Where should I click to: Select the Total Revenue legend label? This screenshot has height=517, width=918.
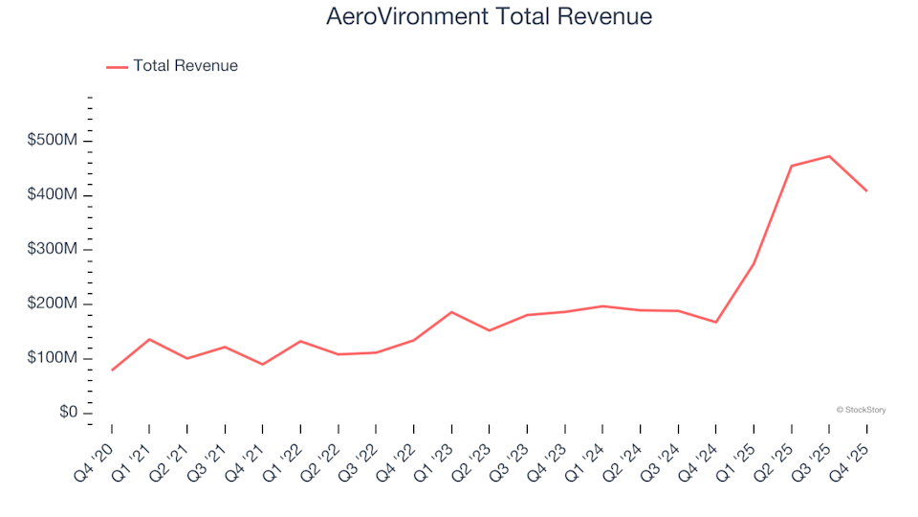[186, 66]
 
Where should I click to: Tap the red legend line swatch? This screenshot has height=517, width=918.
[117, 67]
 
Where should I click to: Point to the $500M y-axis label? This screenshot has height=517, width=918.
[52, 141]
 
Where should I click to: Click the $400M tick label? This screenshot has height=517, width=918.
[52, 195]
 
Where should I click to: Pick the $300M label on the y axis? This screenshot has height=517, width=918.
[52, 250]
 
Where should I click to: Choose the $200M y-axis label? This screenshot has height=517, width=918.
[52, 304]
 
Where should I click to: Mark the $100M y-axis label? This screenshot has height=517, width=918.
[52, 358]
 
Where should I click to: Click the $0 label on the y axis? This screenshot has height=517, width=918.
[65, 413]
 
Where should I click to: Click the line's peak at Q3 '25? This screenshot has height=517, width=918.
[829, 156]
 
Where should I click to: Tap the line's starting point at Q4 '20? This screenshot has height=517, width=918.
[112, 370]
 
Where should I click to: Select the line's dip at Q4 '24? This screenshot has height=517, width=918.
[716, 322]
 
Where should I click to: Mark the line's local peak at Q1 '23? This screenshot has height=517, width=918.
[451, 312]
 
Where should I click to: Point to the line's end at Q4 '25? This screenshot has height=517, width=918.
[866, 191]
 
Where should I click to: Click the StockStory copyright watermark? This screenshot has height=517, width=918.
[861, 410]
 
